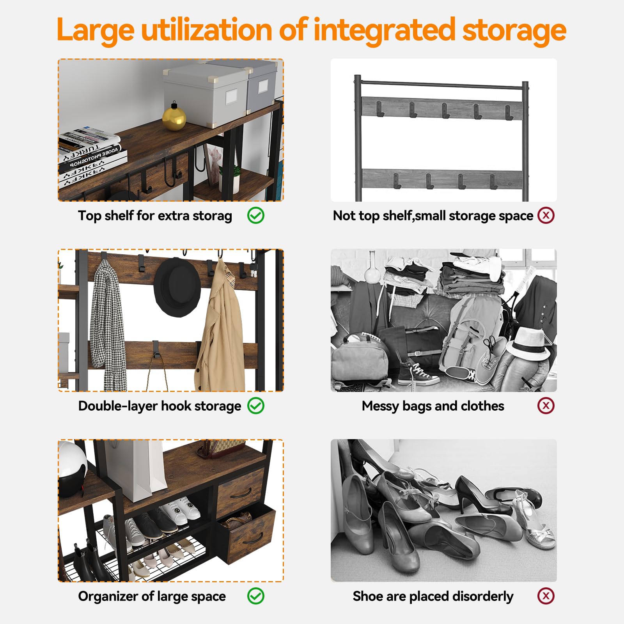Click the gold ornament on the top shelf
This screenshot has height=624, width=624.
click(174, 117)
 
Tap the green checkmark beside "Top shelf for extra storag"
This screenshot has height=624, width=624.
click(256, 215)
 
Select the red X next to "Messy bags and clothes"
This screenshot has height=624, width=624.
click(546, 406)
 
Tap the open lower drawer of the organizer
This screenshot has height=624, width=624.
click(246, 533)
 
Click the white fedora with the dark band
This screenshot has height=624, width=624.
click(529, 344)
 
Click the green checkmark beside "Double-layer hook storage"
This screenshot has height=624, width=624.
click(256, 406)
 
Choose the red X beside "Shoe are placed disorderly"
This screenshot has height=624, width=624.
click(546, 596)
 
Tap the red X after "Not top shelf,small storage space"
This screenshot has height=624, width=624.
click(546, 215)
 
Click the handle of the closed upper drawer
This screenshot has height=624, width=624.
click(241, 494)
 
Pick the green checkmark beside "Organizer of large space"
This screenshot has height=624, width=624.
click(256, 596)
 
